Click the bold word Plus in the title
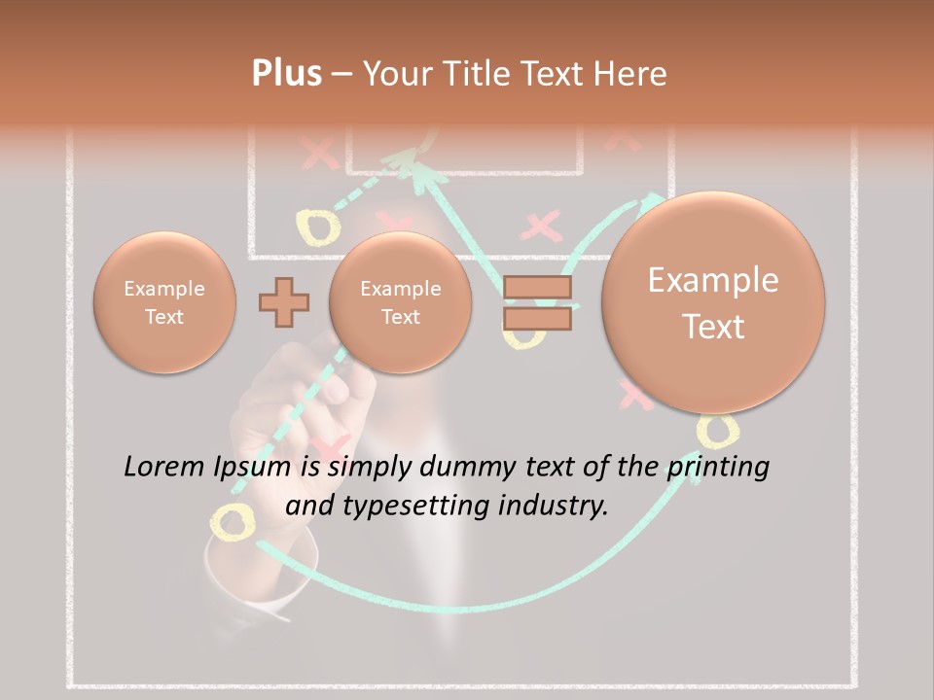point(286,73)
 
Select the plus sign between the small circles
point(284,301)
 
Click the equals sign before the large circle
point(537,302)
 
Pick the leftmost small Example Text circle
point(164,302)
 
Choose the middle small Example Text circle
point(401,302)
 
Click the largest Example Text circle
point(713,302)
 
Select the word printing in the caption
point(717,468)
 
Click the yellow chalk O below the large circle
point(718,429)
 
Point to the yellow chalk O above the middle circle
point(318,227)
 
